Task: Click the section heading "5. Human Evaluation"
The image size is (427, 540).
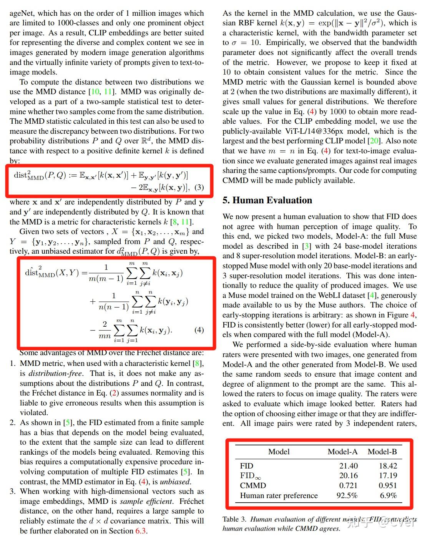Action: pyautogui.click(x=267, y=200)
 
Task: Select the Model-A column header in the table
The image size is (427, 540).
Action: pyautogui.click(x=342, y=452)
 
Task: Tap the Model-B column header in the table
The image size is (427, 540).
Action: pyautogui.click(x=382, y=452)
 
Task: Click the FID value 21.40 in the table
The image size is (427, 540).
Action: pyautogui.click(x=348, y=466)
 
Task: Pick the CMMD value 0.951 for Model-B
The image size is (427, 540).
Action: pyautogui.click(x=388, y=485)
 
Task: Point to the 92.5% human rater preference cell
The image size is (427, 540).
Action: pyautogui.click(x=347, y=495)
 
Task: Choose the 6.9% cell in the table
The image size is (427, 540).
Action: pyautogui.click(x=388, y=495)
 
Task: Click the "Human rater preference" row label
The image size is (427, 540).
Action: pyautogui.click(x=279, y=495)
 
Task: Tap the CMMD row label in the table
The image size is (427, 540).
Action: pyautogui.click(x=253, y=485)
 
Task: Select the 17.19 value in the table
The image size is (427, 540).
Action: pyautogui.click(x=388, y=475)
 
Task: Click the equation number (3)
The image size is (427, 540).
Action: pyautogui.click(x=199, y=187)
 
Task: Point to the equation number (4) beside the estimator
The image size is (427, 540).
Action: pyautogui.click(x=199, y=330)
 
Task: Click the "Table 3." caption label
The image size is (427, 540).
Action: pyautogui.click(x=234, y=519)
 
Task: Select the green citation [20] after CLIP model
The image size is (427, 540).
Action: pyautogui.click(x=374, y=141)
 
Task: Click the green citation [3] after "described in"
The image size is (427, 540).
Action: pyautogui.click(x=306, y=246)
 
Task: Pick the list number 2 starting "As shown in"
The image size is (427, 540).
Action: pyautogui.click(x=13, y=422)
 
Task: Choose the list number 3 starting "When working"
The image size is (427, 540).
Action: pyautogui.click(x=13, y=491)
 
